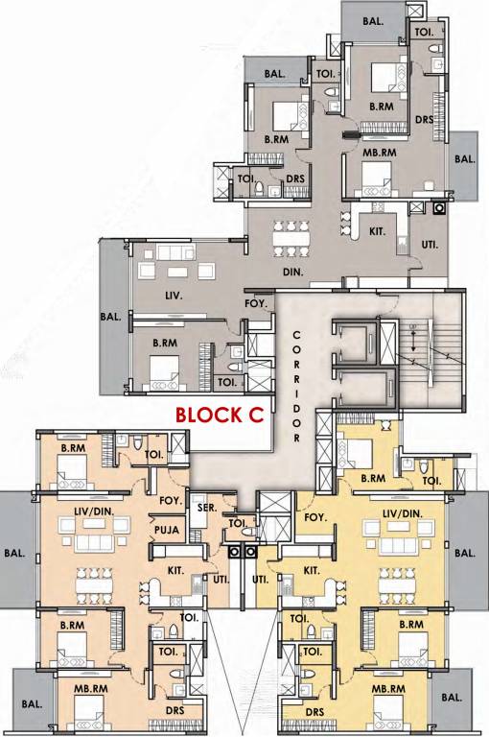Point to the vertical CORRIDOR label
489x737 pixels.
click(297, 384)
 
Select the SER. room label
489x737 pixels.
click(203, 508)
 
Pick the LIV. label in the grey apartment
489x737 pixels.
click(147, 295)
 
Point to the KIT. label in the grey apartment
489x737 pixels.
click(377, 231)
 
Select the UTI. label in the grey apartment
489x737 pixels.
click(429, 245)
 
